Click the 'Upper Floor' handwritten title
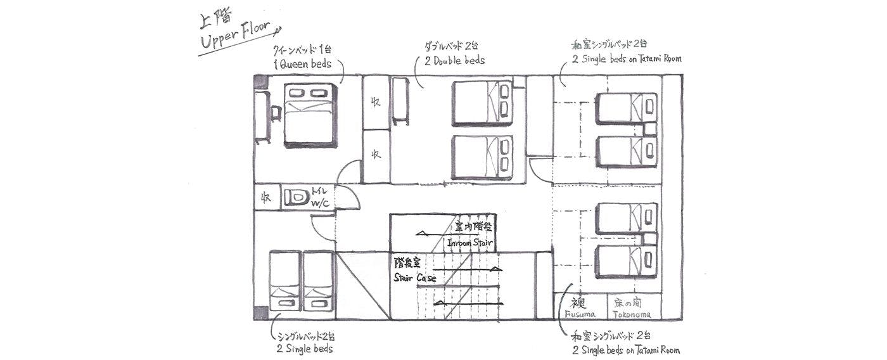[235, 39]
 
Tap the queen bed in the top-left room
[309, 115]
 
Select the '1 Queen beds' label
[303, 64]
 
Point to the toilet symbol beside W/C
[295, 197]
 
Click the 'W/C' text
[320, 203]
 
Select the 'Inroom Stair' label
[469, 243]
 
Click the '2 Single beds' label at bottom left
[304, 349]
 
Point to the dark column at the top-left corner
[260, 82]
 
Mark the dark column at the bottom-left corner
[260, 313]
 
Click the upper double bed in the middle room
[482, 103]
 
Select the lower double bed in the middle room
[482, 157]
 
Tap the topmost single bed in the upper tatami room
[626, 108]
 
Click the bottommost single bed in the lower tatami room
[626, 262]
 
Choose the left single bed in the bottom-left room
[284, 281]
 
